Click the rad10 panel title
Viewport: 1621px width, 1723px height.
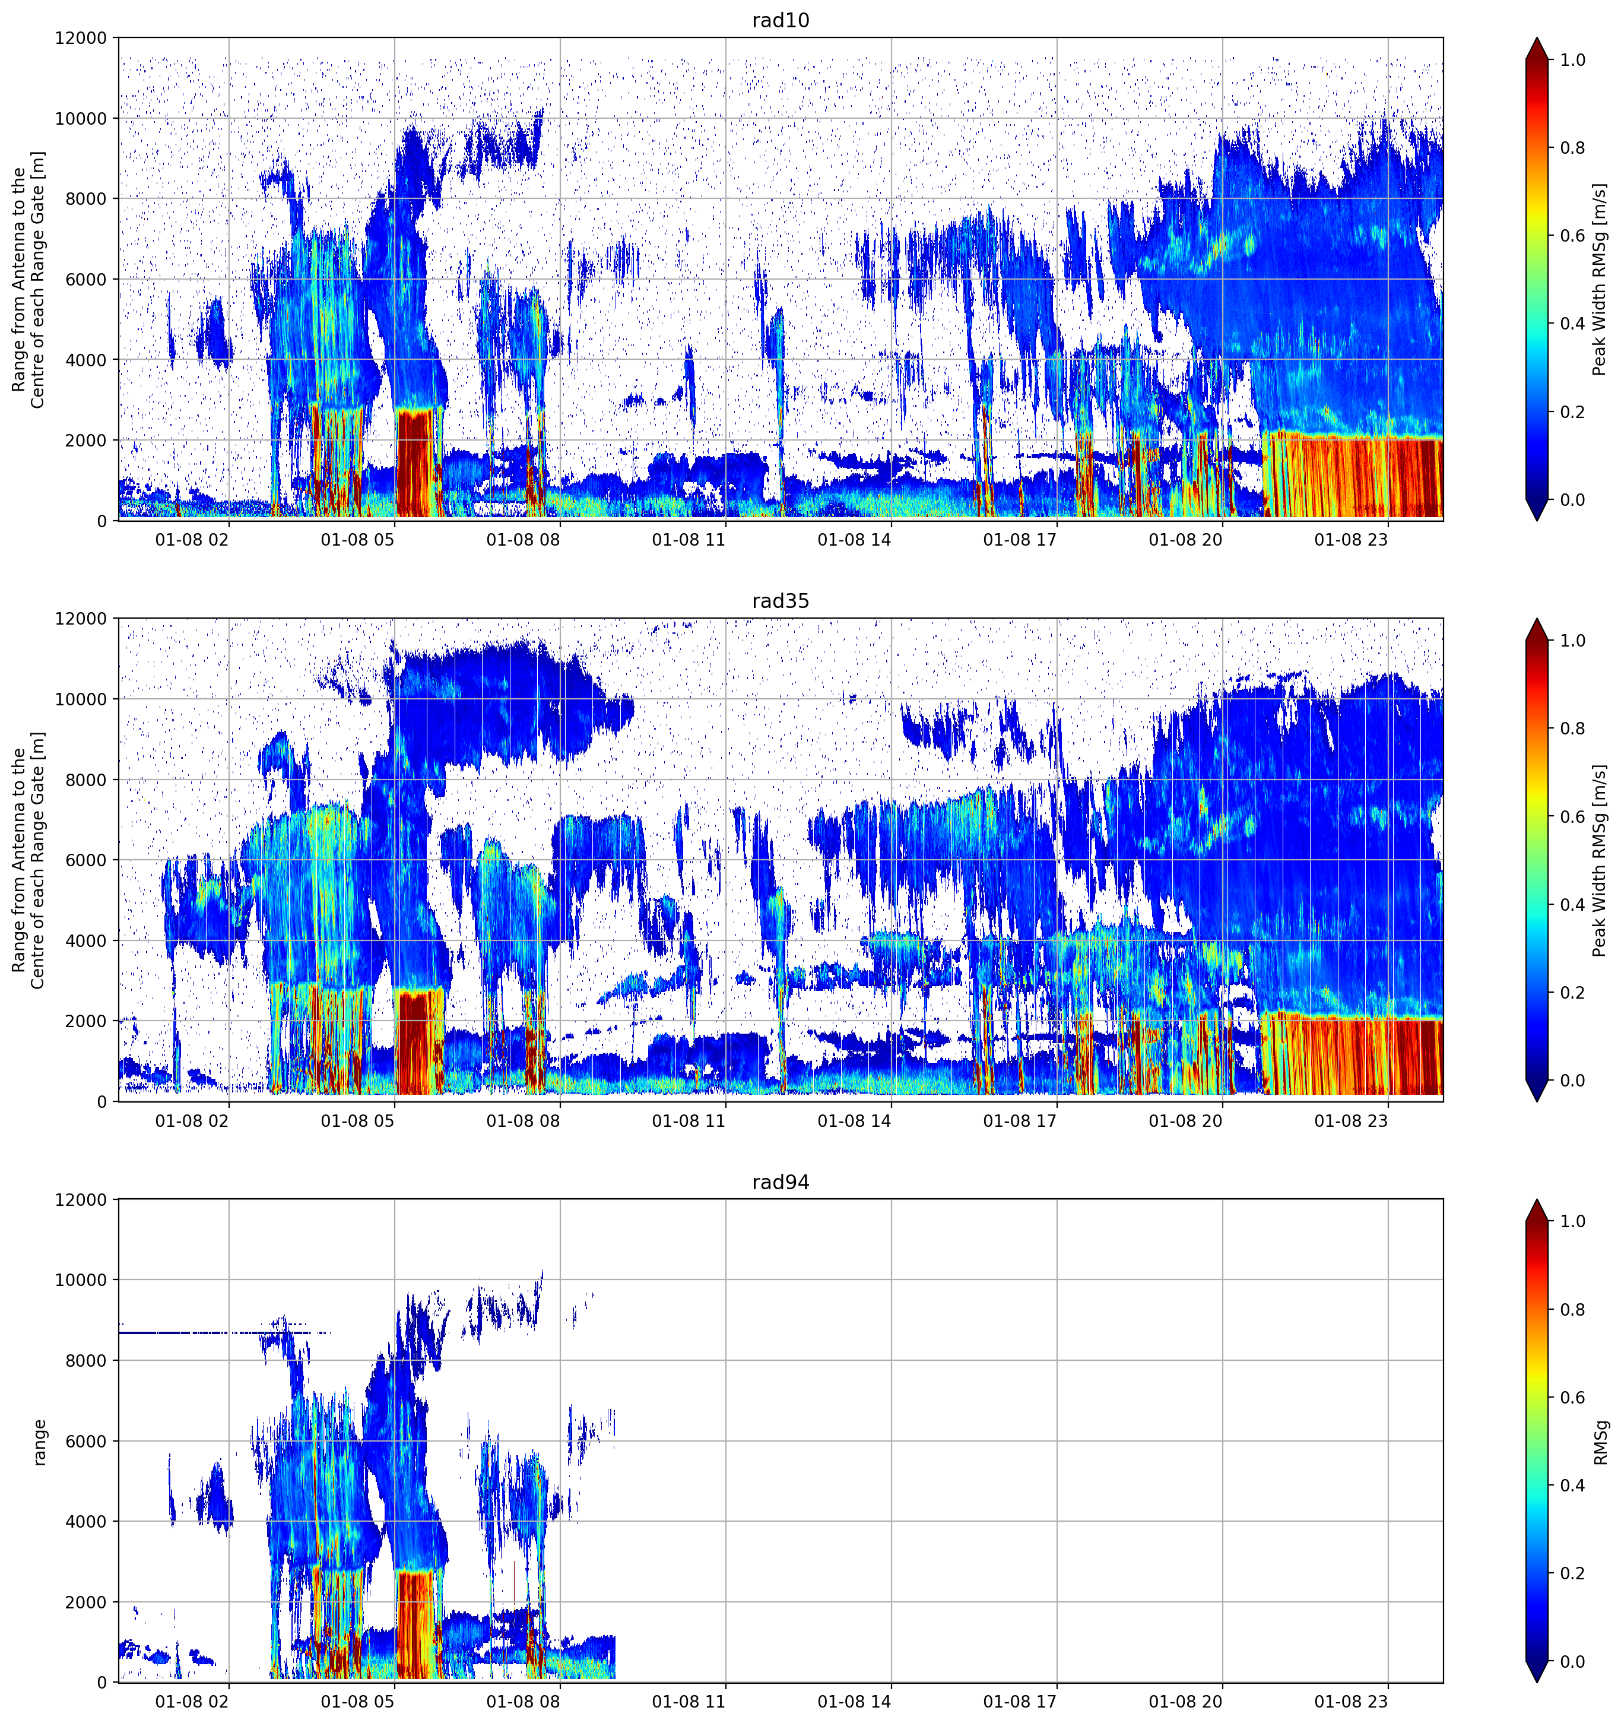point(780,20)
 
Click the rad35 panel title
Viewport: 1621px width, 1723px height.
point(780,601)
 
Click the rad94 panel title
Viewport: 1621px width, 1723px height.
point(780,1182)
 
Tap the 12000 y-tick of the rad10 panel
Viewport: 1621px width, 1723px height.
point(81,38)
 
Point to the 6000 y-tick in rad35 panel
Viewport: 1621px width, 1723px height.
point(86,861)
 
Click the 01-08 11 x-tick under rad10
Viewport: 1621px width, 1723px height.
point(688,540)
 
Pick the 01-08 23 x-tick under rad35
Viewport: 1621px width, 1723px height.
point(1351,1120)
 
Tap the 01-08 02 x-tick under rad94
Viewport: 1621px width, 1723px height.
point(192,1702)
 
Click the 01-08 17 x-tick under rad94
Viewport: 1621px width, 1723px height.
point(1020,1702)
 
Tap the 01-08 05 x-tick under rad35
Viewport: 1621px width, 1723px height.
point(357,1120)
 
